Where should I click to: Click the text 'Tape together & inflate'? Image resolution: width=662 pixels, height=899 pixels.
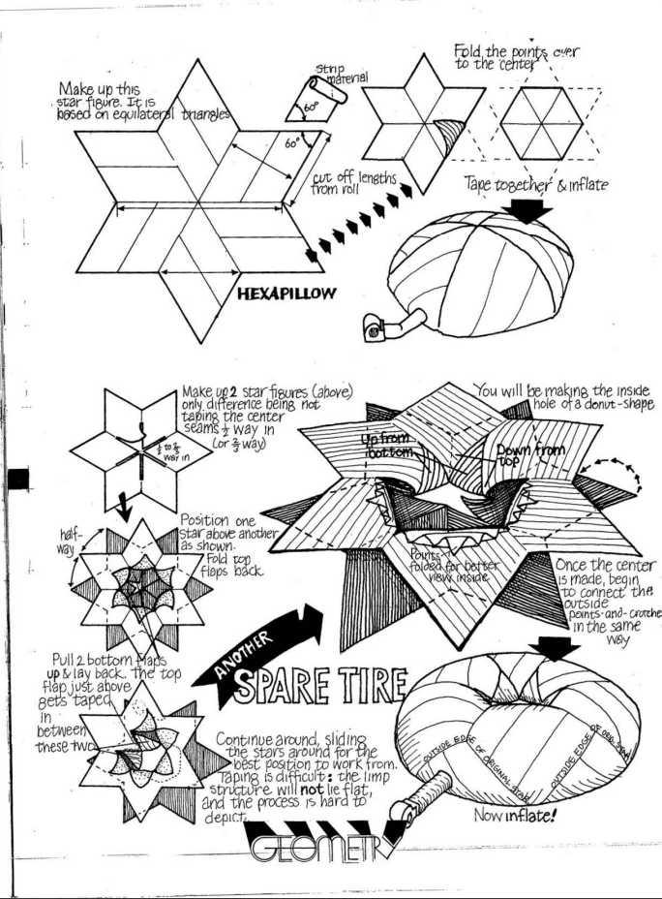[537, 184]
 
